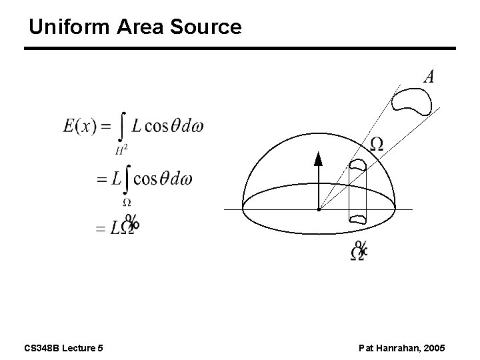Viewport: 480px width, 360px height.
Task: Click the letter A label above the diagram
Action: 429,77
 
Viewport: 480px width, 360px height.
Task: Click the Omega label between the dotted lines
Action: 377,144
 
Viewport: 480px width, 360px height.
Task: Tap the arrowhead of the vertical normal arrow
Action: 318,159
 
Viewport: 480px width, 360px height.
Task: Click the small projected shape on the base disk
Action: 358,217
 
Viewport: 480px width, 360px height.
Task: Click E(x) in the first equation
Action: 79,125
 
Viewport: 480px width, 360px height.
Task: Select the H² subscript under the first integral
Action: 121,149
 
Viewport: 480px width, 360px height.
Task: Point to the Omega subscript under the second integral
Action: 127,202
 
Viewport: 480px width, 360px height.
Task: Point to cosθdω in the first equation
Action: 168,125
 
